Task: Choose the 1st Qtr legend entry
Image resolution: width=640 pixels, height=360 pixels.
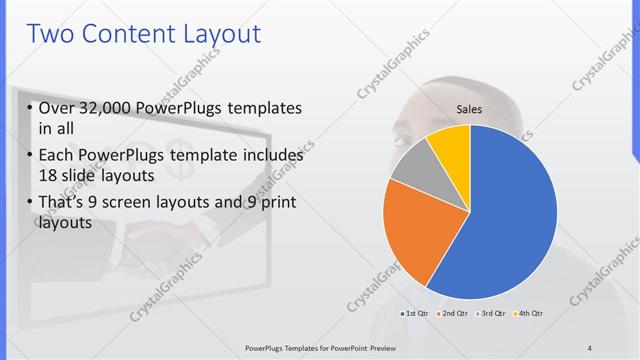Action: coord(416,314)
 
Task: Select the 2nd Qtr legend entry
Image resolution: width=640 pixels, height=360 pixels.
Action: coord(455,314)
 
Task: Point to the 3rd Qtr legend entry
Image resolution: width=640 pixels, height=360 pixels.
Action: coord(493,314)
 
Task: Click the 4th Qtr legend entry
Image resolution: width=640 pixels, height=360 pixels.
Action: coord(529,314)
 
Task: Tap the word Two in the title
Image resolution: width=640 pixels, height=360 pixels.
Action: coord(52,35)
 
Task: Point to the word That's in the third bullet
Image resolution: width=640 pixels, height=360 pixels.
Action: coord(65,205)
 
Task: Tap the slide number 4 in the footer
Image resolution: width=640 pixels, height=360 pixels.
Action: coord(590,347)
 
